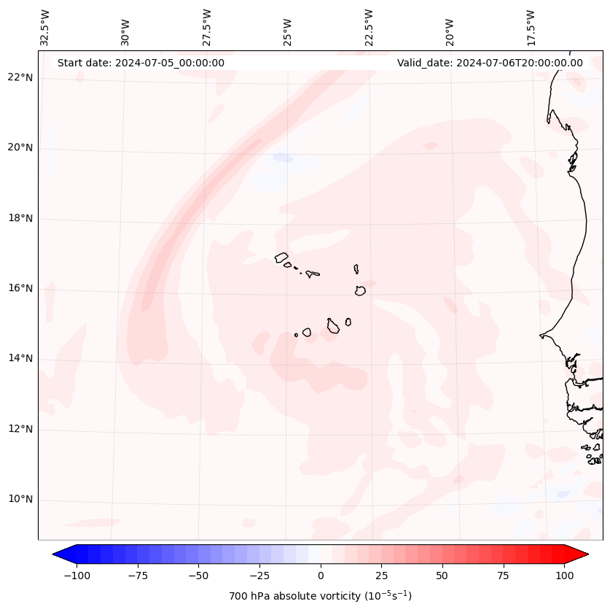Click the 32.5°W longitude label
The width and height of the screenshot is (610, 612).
[x=45, y=27]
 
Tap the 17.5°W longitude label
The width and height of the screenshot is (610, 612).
[x=531, y=27]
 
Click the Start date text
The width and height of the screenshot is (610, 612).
[x=141, y=63]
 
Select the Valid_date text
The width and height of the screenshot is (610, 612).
[x=490, y=63]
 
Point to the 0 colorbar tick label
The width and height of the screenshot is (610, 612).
[x=321, y=576]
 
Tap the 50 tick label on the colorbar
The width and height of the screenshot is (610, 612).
[x=442, y=576]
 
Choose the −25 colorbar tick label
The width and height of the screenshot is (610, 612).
[x=259, y=576]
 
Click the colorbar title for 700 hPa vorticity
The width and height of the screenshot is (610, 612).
[x=321, y=596]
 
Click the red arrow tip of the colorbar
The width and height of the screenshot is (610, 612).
[x=580, y=554]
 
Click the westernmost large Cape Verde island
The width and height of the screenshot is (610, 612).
[x=281, y=257]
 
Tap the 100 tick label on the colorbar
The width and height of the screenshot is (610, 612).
[x=563, y=576]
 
